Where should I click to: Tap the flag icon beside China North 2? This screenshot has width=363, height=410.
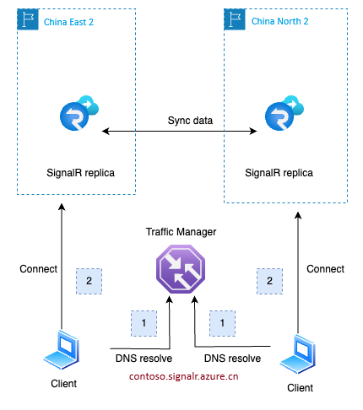[233, 19]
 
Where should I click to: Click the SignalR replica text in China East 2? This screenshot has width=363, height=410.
[80, 173]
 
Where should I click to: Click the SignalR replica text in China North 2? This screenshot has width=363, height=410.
[279, 173]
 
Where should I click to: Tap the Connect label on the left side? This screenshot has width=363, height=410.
[38, 269]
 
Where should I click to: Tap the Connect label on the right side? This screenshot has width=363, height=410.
[325, 269]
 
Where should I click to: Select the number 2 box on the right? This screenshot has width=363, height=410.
[269, 279]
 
